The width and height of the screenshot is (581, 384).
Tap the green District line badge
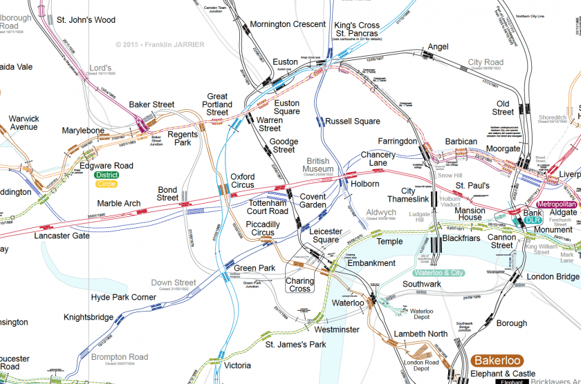click(x=107, y=175)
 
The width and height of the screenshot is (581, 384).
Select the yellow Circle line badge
click(x=107, y=184)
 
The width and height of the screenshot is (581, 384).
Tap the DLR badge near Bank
click(x=532, y=220)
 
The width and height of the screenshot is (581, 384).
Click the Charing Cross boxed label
click(x=300, y=285)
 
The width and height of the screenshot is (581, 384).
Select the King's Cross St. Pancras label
click(x=357, y=30)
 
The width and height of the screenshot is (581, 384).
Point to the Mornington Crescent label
click(x=287, y=24)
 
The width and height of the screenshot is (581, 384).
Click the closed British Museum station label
click(x=318, y=164)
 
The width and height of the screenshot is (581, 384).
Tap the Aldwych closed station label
click(x=380, y=212)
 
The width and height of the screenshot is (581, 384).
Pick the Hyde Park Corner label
click(x=124, y=298)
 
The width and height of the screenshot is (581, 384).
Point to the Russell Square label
click(x=353, y=122)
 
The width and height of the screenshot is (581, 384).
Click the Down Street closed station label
click(x=174, y=282)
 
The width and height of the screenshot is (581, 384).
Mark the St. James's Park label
click(x=295, y=344)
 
